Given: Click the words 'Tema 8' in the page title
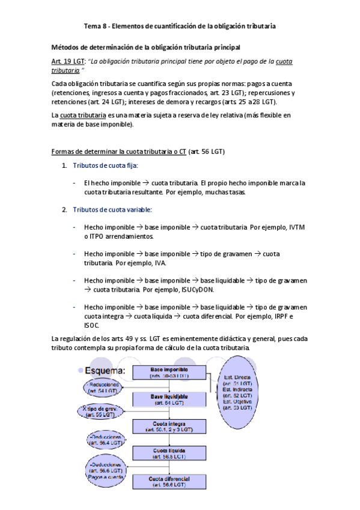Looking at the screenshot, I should (94, 26).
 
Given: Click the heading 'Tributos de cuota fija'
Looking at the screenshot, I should (106, 165).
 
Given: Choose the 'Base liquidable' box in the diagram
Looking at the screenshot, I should (169, 399).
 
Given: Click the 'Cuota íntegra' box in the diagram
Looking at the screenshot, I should (169, 426).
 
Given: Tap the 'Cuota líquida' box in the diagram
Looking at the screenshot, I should (169, 453).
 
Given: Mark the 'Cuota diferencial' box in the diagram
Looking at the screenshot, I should (169, 481).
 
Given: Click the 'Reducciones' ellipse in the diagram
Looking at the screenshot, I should (104, 387).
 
